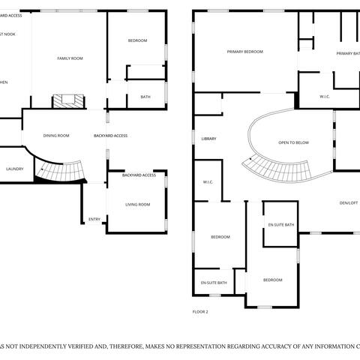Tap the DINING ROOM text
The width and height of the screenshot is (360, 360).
tap(56, 136)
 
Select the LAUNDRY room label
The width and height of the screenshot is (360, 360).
tap(14, 169)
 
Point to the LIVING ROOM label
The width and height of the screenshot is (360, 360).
tap(137, 204)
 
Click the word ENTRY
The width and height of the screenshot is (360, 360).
tap(94, 219)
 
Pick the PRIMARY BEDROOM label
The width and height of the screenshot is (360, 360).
tap(245, 52)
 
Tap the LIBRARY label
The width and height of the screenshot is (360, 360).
tap(209, 139)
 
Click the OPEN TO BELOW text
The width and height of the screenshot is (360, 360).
tap(294, 142)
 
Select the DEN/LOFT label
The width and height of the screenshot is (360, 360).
tap(348, 202)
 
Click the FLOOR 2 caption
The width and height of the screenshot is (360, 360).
tap(200, 310)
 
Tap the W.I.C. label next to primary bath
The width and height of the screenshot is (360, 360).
tap(325, 96)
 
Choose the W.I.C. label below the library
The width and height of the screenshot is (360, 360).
tap(208, 181)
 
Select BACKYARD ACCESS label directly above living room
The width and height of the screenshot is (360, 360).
tap(139, 175)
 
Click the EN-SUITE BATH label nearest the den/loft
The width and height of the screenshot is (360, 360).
tap(281, 225)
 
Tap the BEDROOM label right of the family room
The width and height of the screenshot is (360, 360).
tap(137, 40)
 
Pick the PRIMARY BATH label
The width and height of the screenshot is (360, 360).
tap(347, 53)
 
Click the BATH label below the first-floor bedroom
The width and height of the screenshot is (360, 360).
tap(145, 96)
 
